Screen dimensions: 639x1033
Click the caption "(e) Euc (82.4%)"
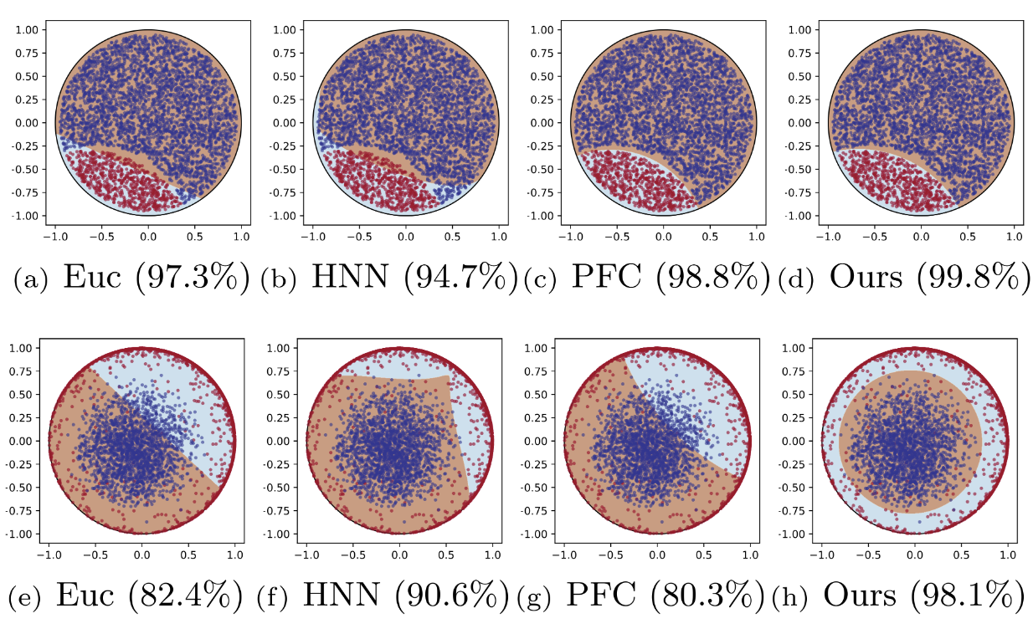pyautogui.click(x=125, y=596)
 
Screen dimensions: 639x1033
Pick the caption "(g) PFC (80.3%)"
pyautogui.click(x=642, y=596)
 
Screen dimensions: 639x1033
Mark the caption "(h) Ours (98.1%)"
pyautogui.click(x=898, y=596)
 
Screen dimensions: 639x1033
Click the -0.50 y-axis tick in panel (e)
pyautogui.click(x=22, y=488)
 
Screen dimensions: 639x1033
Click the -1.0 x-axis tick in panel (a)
pyautogui.click(x=55, y=237)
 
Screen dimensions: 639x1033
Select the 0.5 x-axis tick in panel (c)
pyautogui.click(x=710, y=237)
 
